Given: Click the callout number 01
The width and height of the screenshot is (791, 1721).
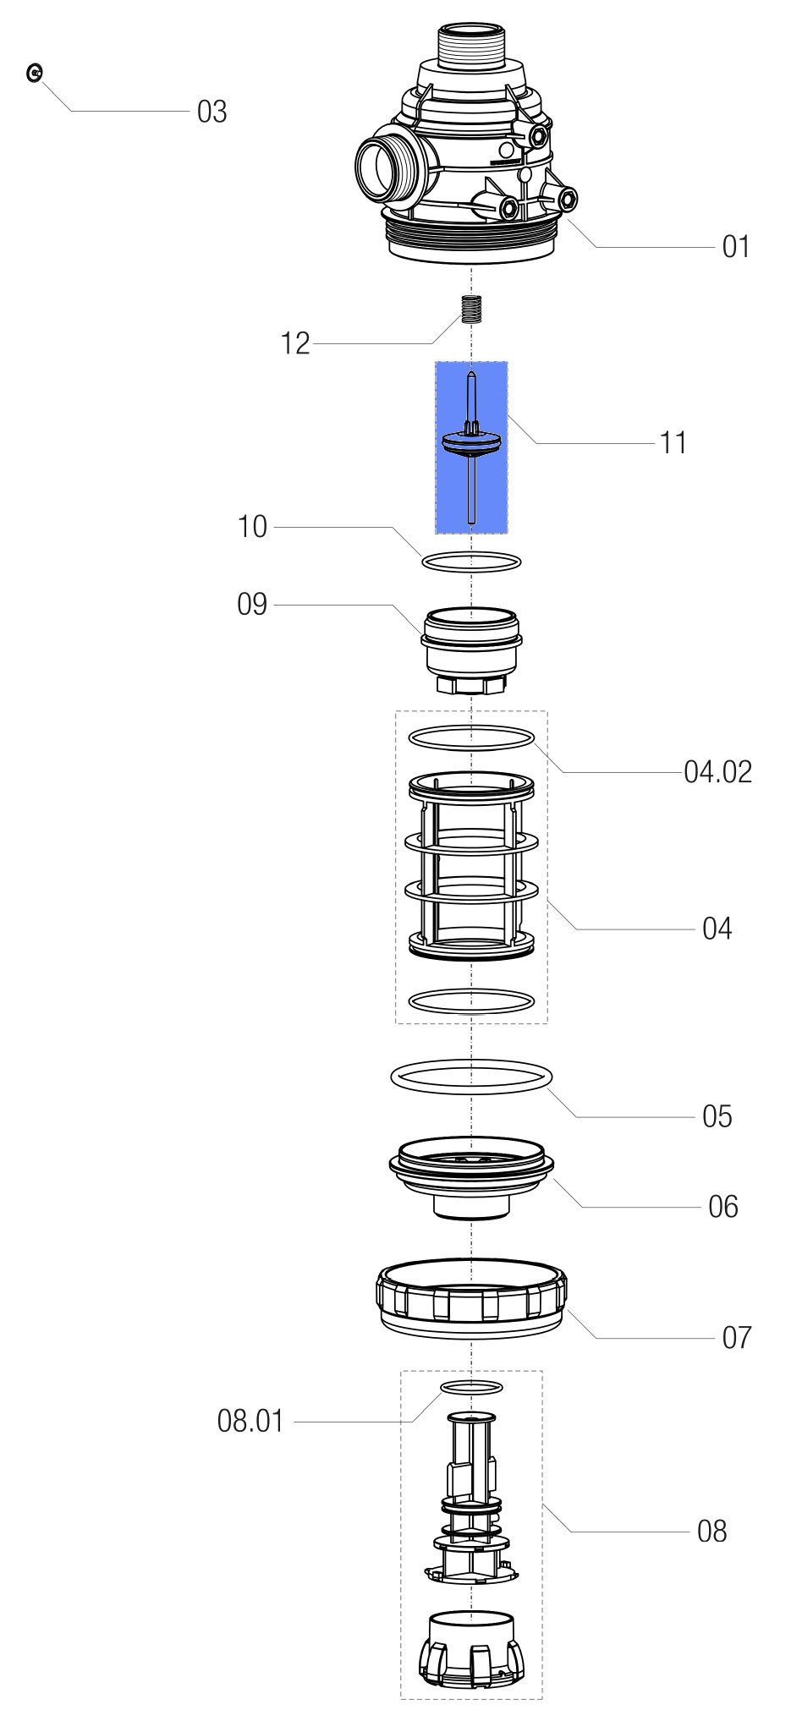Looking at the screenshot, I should [735, 247].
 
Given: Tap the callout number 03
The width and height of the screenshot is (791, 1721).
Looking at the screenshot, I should [211, 112].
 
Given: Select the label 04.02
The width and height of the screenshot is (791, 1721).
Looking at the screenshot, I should [717, 772].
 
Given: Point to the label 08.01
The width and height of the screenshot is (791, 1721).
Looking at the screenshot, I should [250, 1421].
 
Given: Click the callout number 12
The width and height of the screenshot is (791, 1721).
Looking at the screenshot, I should [295, 343].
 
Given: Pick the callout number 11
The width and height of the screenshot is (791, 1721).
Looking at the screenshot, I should [673, 442].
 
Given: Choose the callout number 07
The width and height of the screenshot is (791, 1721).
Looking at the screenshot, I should [736, 1338].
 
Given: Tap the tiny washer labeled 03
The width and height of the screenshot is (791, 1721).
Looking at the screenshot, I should [35, 74].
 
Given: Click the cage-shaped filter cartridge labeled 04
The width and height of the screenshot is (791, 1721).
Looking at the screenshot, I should [471, 867].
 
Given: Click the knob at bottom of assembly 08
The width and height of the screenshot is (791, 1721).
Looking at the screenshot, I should [470, 1654].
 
